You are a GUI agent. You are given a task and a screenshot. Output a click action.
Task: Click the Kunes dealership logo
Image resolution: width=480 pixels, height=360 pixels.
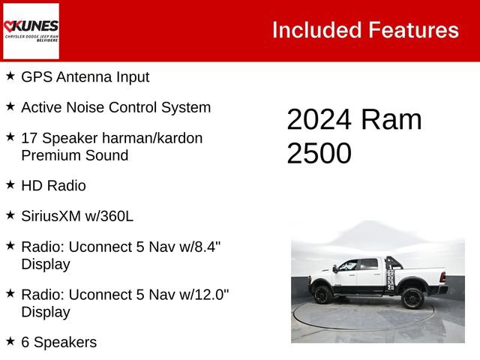tap(31, 31)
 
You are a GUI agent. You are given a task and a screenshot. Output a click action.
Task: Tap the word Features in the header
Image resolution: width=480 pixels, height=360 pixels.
tap(413, 30)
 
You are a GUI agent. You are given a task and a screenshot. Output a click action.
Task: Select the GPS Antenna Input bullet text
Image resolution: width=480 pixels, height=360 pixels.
tap(85, 76)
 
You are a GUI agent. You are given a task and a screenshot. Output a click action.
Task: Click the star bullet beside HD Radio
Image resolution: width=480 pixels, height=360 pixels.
tap(10, 184)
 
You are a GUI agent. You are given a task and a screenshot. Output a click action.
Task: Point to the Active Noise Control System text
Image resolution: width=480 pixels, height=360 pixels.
tap(115, 107)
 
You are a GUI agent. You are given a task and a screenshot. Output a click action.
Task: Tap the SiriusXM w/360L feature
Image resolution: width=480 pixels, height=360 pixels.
tap(77, 216)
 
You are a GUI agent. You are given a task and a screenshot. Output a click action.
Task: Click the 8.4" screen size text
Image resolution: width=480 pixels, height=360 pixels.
tap(202, 246)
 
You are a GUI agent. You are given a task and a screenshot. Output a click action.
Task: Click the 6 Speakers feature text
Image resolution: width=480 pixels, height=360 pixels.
tap(58, 342)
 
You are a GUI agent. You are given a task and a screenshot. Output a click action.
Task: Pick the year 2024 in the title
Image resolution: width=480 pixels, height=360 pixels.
tap(319, 120)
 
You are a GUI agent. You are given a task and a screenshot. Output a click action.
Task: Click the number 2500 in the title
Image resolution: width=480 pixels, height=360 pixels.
tap(319, 153)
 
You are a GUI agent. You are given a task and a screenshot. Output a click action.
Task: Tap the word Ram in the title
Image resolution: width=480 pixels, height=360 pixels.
tap(390, 120)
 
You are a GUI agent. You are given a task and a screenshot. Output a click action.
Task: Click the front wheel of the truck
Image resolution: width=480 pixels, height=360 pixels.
tap(323, 295)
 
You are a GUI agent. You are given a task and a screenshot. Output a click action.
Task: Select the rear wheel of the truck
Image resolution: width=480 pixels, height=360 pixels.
tap(412, 298)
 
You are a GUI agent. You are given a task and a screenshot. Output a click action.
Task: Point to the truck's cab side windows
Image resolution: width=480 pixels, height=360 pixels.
tap(358, 265)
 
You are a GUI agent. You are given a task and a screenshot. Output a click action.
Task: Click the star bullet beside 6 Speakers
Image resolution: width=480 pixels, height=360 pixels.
tap(10, 341)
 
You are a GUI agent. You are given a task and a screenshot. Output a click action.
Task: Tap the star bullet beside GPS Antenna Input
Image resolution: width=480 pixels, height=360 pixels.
tap(10, 76)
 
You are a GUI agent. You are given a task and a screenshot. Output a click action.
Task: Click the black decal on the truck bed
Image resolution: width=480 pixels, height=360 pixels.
tap(391, 276)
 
